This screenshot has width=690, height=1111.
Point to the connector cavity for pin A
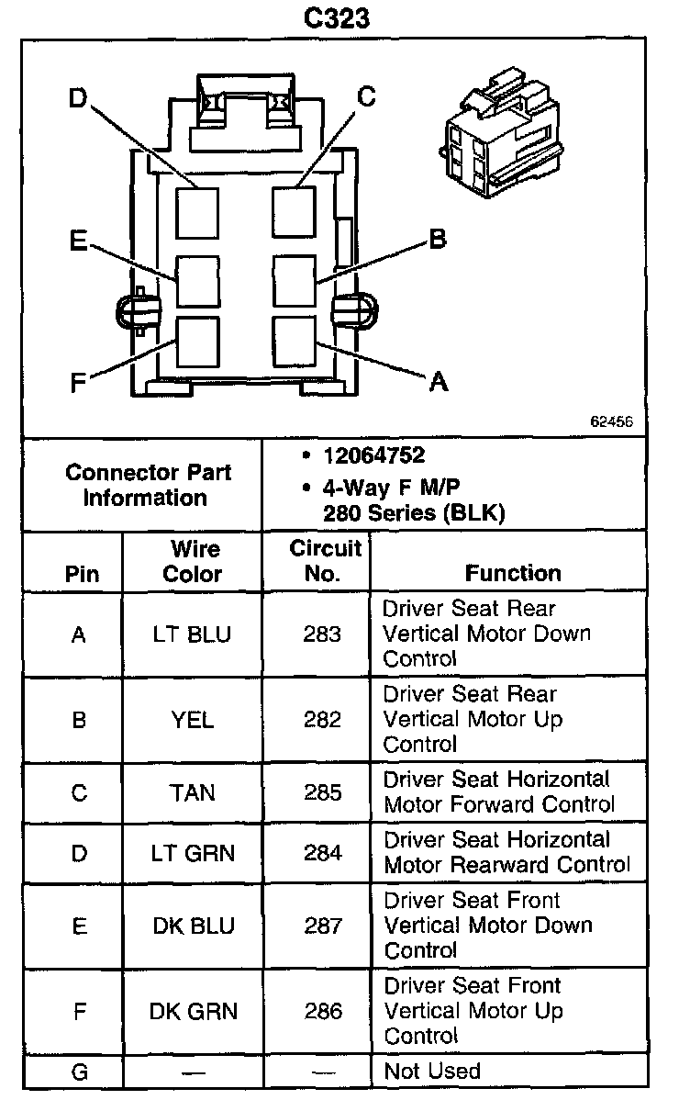[x=294, y=340]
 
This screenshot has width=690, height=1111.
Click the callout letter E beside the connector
[x=79, y=241]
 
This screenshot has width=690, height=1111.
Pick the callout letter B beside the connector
[x=438, y=240]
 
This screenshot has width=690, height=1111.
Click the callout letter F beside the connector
[x=80, y=382]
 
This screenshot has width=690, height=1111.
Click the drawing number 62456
[x=611, y=421]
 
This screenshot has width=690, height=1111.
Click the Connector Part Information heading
[x=148, y=486]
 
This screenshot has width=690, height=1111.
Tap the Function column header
[x=513, y=573]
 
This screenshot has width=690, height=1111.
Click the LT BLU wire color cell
[x=192, y=634]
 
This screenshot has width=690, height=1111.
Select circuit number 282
[x=322, y=720]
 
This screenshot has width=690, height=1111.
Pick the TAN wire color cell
[x=192, y=792]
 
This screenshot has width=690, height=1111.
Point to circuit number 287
[x=323, y=926]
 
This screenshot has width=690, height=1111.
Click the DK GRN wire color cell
[x=193, y=1011]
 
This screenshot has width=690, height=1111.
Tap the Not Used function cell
[x=432, y=1071]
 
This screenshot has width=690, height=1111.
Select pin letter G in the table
[x=79, y=1071]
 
